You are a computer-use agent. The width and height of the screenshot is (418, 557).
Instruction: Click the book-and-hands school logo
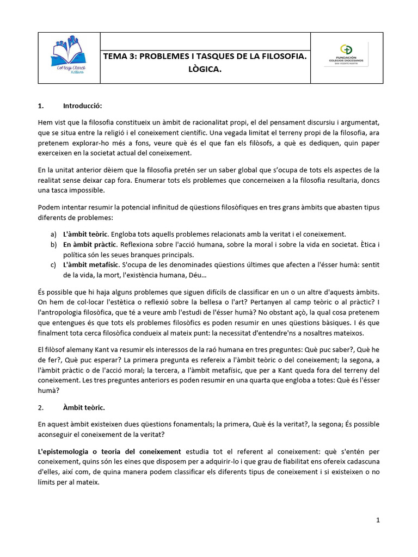(x=69, y=57)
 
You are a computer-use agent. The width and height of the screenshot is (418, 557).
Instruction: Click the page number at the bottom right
(x=378, y=521)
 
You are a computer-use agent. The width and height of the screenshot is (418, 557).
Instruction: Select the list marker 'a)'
(x=53, y=234)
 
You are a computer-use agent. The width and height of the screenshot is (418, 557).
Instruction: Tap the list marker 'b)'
(x=53, y=244)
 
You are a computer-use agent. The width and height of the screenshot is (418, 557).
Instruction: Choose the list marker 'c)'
(x=53, y=265)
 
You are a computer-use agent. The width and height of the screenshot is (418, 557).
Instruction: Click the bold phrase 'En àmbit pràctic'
(x=90, y=244)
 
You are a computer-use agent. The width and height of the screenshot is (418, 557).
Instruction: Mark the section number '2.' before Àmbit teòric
(x=41, y=407)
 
